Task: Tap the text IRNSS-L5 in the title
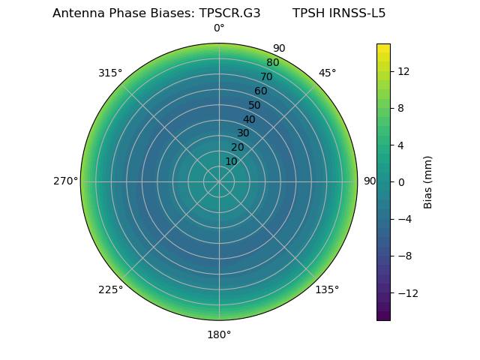(x=357, y=13)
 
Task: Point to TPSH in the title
(x=308, y=13)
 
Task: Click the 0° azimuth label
(x=219, y=28)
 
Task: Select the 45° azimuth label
(x=327, y=73)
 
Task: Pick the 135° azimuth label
(x=327, y=289)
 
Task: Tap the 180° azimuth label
(x=219, y=334)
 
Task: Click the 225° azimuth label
(x=110, y=289)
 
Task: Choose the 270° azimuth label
(x=65, y=181)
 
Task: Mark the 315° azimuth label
(x=110, y=73)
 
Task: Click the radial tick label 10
(x=231, y=161)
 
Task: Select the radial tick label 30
(x=243, y=133)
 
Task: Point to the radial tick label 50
(x=254, y=106)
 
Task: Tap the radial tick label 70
(x=266, y=77)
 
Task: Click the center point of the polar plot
(x=219, y=181)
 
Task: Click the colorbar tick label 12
(x=403, y=71)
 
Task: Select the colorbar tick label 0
(x=400, y=181)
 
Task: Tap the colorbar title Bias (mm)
(x=428, y=181)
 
